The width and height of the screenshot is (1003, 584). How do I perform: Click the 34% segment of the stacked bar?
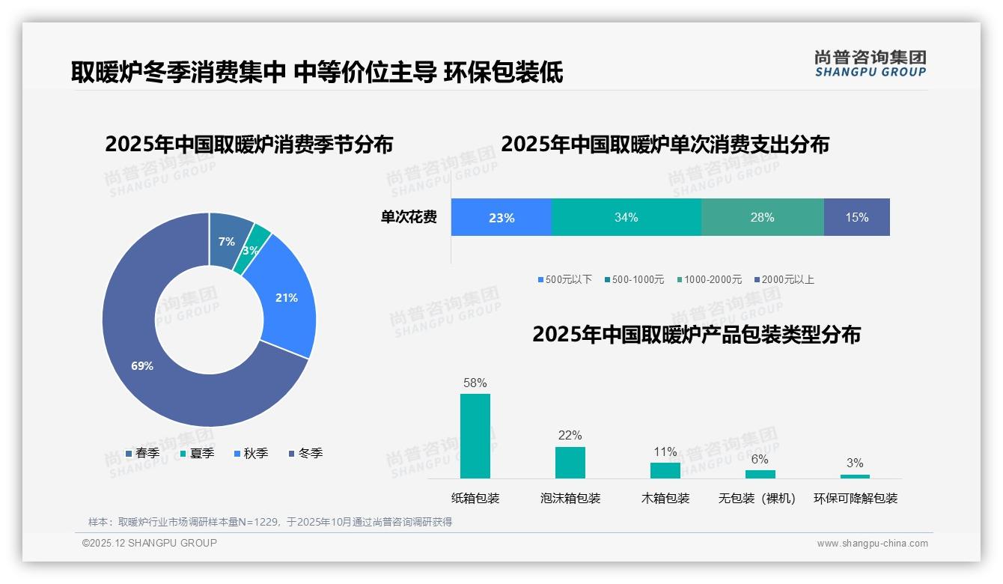point(627,217)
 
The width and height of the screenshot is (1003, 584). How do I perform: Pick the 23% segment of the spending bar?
point(501,217)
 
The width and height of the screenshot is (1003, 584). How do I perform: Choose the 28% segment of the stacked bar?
point(762,217)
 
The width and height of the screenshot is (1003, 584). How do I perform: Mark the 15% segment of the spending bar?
point(857,217)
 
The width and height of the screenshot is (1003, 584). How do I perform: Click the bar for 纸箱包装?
point(475,436)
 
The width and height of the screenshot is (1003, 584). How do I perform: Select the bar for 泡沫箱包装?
point(570,462)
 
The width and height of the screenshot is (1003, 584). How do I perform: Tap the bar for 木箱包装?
point(665,470)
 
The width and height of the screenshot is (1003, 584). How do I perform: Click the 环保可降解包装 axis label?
point(856,498)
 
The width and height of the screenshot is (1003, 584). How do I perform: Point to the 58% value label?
point(475,383)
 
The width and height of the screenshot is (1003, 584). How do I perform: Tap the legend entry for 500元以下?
point(565,279)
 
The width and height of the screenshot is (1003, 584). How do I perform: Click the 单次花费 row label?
point(409,217)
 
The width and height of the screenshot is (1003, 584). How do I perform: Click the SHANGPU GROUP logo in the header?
point(870,64)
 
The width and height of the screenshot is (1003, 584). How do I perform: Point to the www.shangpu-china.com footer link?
point(872,544)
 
